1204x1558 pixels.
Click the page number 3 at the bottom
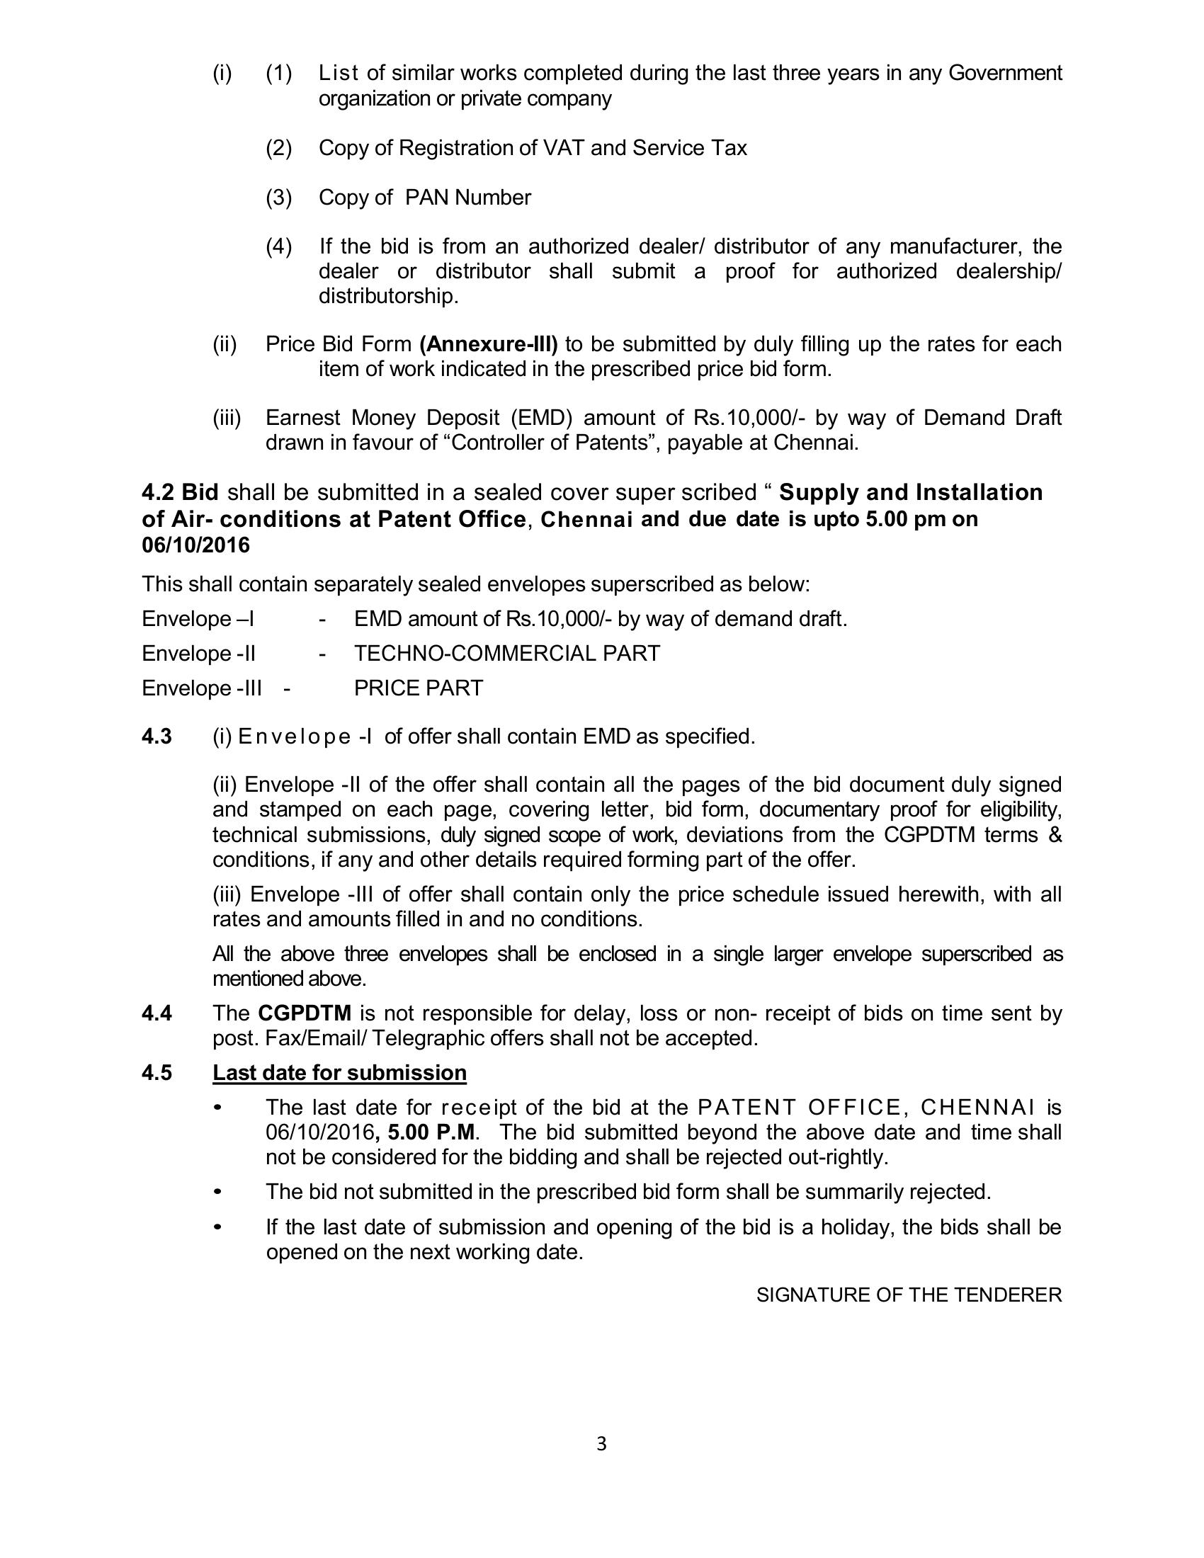pos(601,1444)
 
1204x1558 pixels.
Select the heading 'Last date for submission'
pos(339,1072)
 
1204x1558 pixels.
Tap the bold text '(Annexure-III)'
pos(489,344)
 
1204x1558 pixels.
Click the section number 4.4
pos(157,1013)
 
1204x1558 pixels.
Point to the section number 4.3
pos(157,736)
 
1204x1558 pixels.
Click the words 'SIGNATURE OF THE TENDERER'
pos(909,1295)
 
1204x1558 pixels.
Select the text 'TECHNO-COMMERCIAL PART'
pos(506,653)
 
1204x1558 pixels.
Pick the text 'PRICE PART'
pos(419,688)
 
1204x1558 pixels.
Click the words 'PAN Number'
pos(468,197)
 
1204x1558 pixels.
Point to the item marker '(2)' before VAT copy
pos(279,148)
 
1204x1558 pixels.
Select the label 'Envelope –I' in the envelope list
pos(198,618)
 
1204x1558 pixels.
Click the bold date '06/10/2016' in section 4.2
pos(196,545)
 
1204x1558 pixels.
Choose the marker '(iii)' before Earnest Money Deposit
pos(227,417)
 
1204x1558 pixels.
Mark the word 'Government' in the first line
pos(1004,73)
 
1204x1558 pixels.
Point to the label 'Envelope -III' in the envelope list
pos(201,688)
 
